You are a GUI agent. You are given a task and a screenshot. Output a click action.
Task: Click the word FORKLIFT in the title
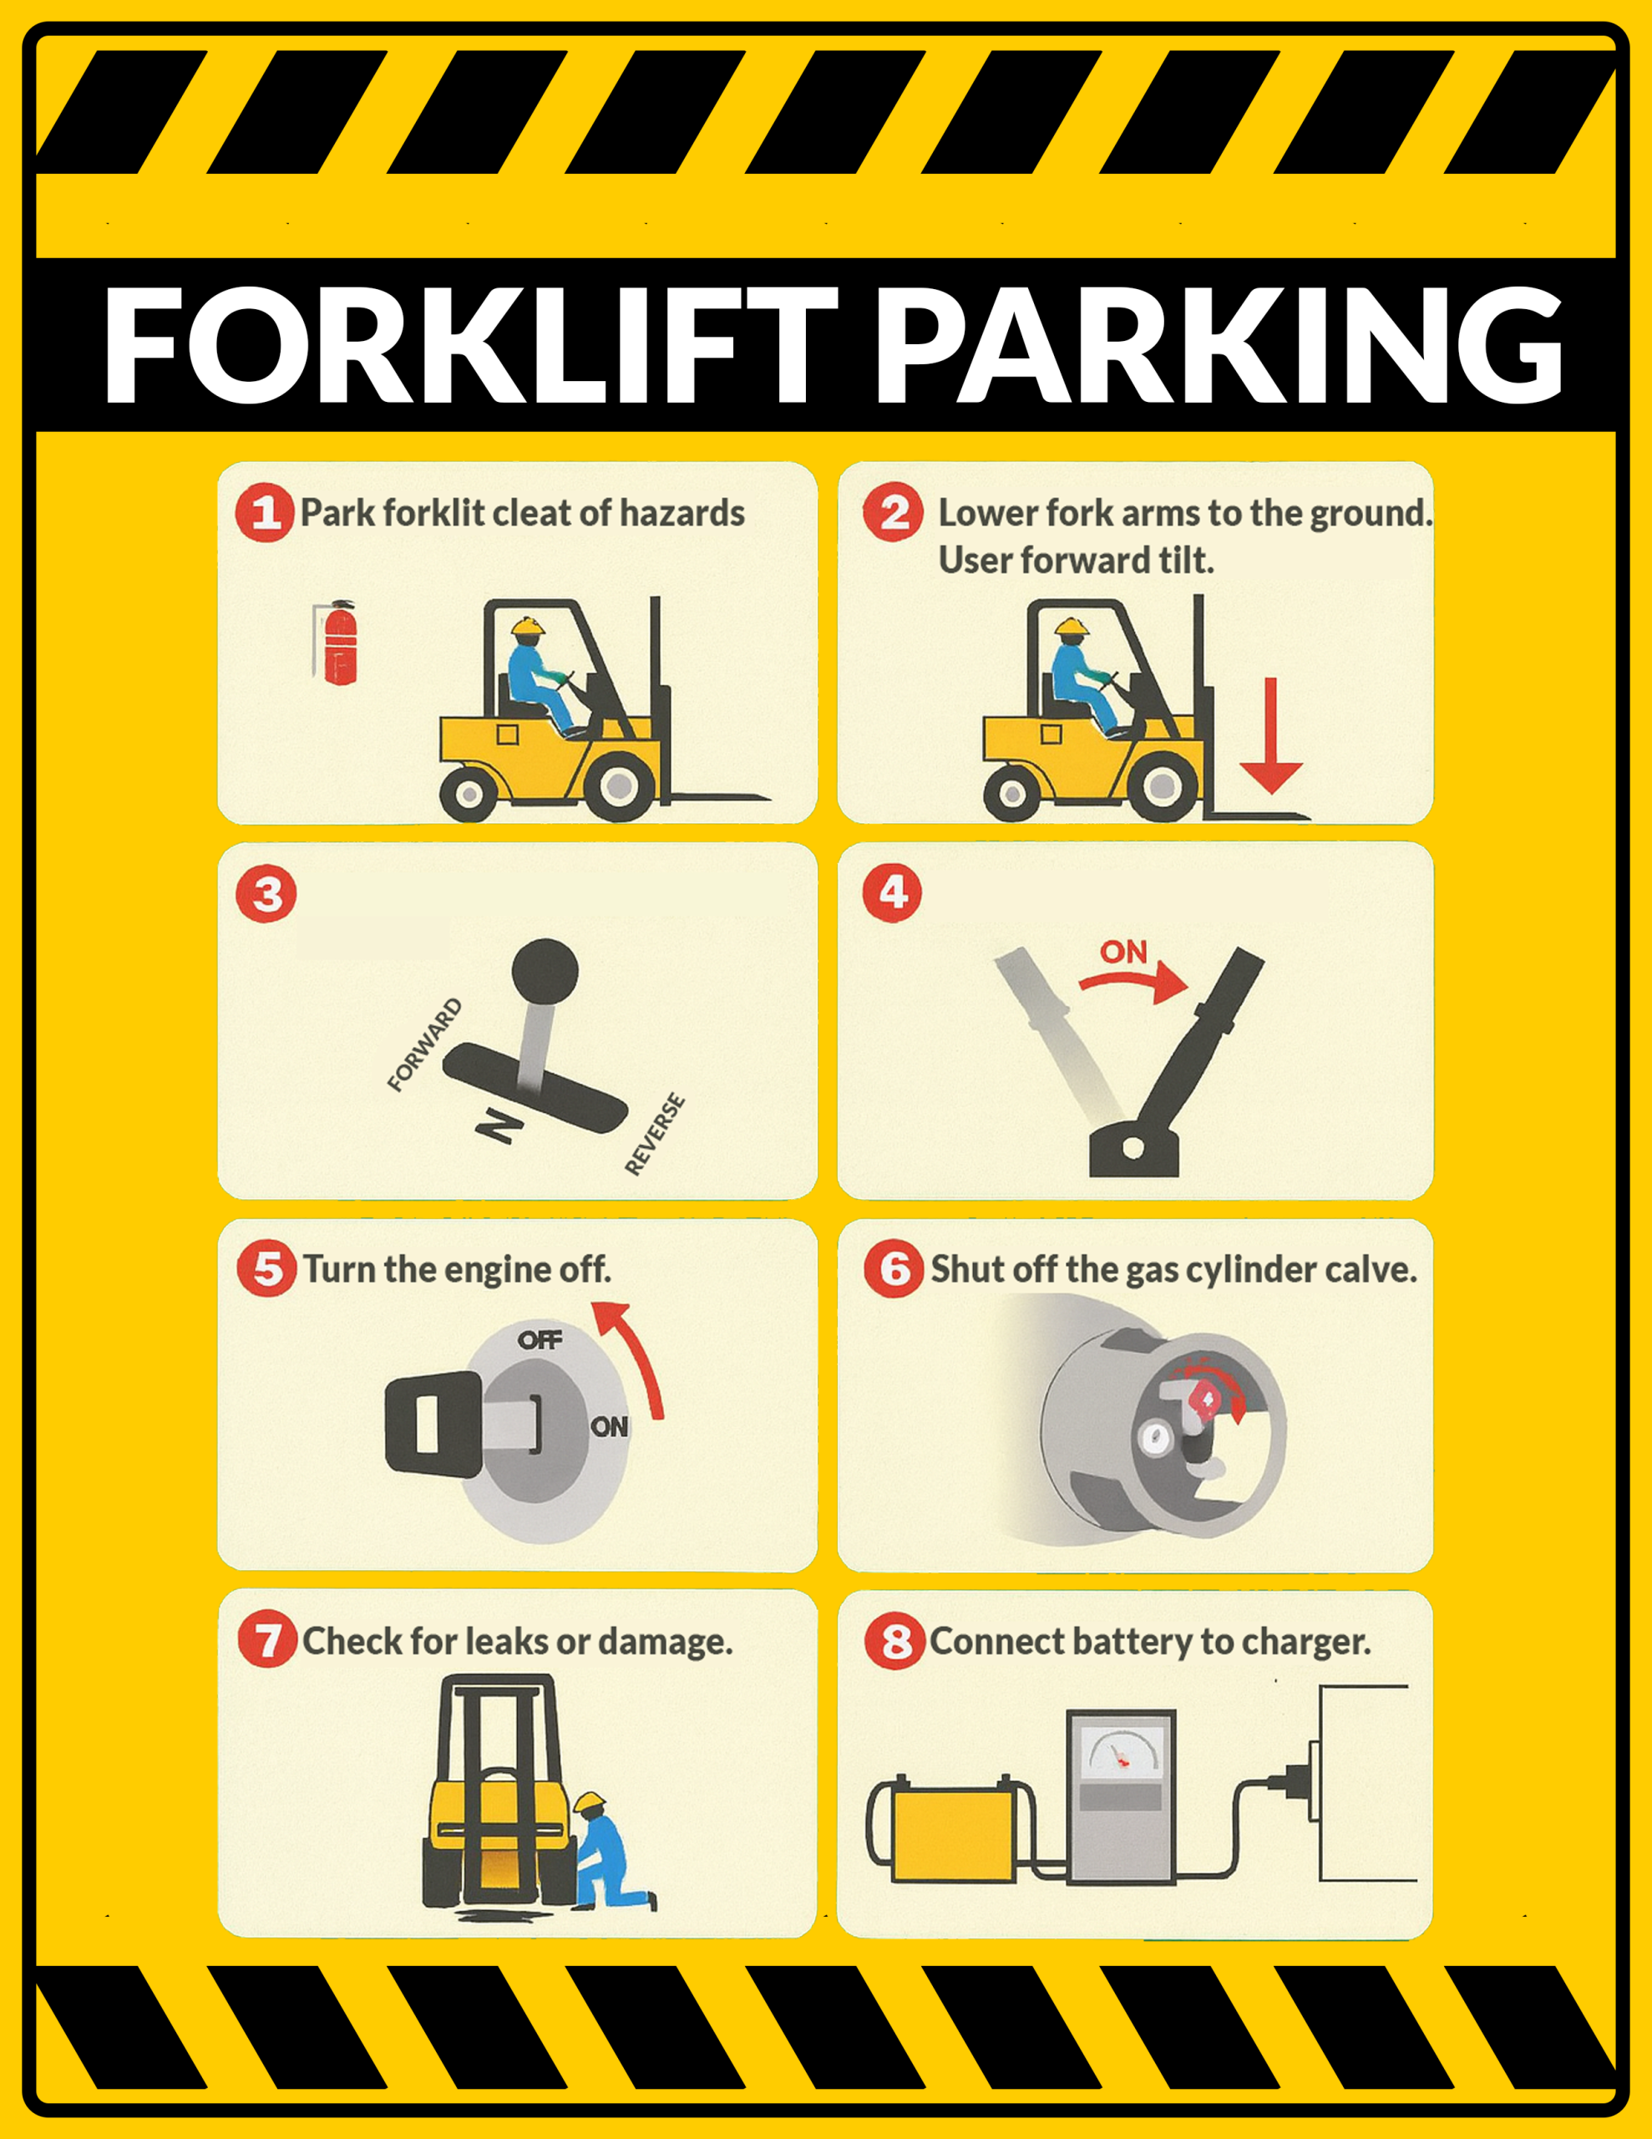(471, 345)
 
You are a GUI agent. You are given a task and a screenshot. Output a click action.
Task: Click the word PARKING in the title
(1219, 345)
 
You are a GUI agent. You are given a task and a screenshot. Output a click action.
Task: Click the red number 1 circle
(265, 512)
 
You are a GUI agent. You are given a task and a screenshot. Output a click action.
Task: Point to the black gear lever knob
(545, 971)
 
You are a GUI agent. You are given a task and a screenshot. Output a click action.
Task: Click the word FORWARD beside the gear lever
(424, 1045)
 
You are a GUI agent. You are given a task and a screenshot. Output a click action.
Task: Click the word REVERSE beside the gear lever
(655, 1133)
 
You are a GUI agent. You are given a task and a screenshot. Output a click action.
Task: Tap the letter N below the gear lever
(499, 1126)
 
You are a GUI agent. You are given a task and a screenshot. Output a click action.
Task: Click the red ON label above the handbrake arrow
(1123, 952)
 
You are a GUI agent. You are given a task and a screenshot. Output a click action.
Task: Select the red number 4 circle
(892, 892)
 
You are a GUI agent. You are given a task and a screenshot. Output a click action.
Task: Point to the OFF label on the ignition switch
(540, 1339)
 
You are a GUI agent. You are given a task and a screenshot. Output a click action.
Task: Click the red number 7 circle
(267, 1639)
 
